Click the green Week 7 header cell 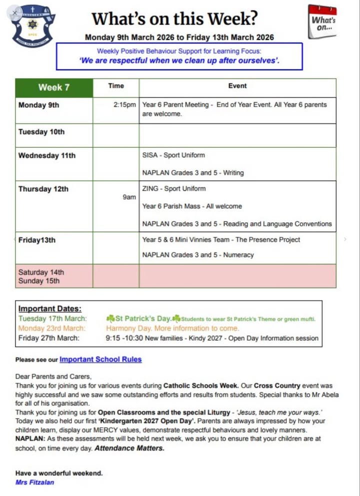click(54, 87)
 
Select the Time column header click(116, 86)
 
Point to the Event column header click(237, 86)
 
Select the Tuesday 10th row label click(41, 132)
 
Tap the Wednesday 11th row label click(47, 155)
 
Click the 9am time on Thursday click(129, 197)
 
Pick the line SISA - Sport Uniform click(173, 155)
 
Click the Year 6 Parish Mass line click(191, 206)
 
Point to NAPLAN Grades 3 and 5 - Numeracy click(198, 255)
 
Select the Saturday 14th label click(41, 273)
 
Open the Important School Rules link click(100, 359)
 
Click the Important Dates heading click(50, 309)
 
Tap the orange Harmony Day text click(172, 328)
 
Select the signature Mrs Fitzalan click(34, 483)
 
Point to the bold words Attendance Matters click(129, 448)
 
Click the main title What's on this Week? click(174, 19)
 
